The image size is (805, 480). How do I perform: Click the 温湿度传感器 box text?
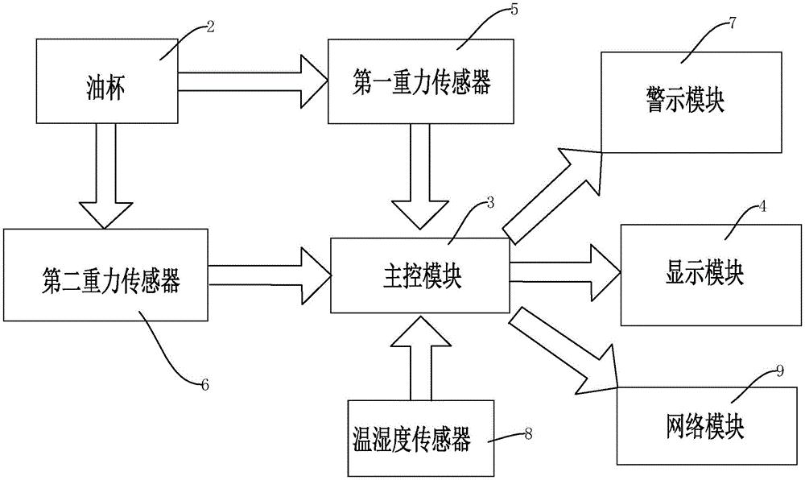click(411, 440)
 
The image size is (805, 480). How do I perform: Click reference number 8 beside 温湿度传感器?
click(527, 433)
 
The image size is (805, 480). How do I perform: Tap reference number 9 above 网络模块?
click(779, 370)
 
